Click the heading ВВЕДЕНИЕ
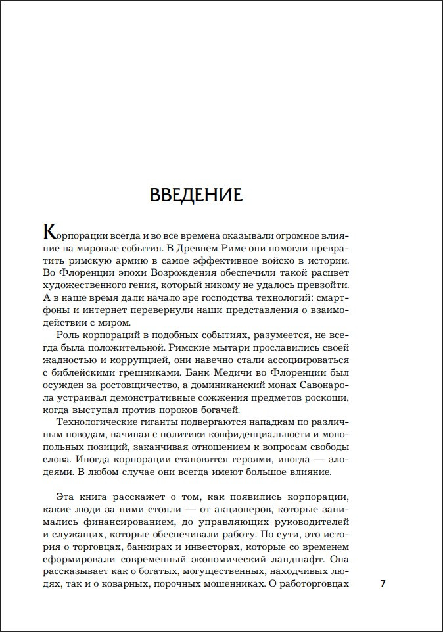[x=197, y=195]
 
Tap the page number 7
[x=383, y=583]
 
